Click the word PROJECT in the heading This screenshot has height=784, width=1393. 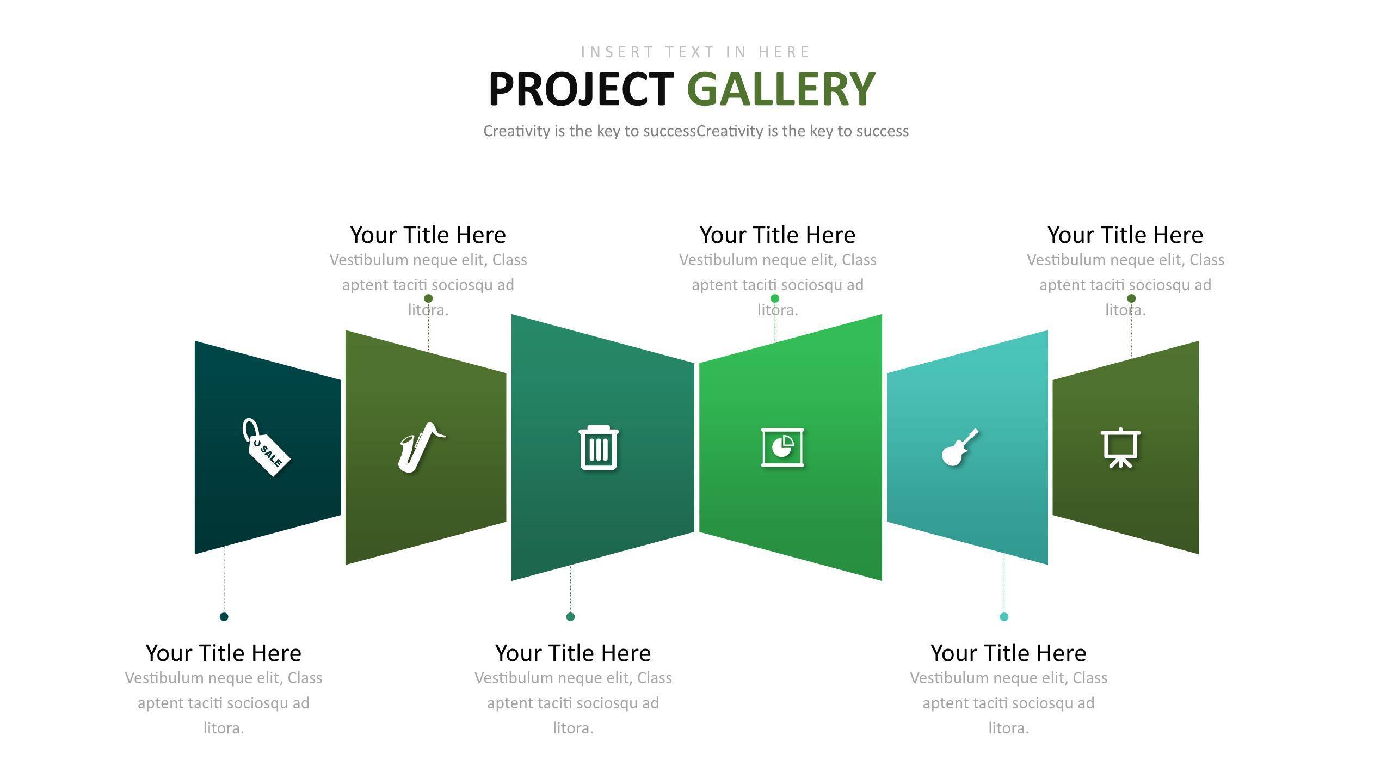[581, 89]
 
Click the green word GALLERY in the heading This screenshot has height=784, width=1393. [781, 89]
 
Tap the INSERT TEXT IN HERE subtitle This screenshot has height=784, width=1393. [696, 52]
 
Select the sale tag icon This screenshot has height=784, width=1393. [266, 447]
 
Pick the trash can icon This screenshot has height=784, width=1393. [599, 447]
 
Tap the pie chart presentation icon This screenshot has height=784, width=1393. [782, 448]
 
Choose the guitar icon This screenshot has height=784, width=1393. [960, 448]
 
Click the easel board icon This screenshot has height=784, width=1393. [1120, 448]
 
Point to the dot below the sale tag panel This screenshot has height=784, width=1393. [224, 616]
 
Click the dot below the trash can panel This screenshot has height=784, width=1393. [570, 616]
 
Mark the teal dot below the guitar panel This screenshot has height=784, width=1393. [1004, 616]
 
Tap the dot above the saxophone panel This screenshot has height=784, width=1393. [428, 298]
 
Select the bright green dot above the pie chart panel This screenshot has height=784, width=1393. [775, 298]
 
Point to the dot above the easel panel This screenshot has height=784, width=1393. [1131, 298]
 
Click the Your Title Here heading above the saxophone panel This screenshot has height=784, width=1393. [428, 235]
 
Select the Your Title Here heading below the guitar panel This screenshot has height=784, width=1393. [1008, 653]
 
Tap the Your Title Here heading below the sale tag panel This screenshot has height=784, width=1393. [224, 653]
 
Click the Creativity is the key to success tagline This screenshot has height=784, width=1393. [696, 131]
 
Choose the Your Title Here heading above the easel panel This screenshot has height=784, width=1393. [1125, 235]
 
